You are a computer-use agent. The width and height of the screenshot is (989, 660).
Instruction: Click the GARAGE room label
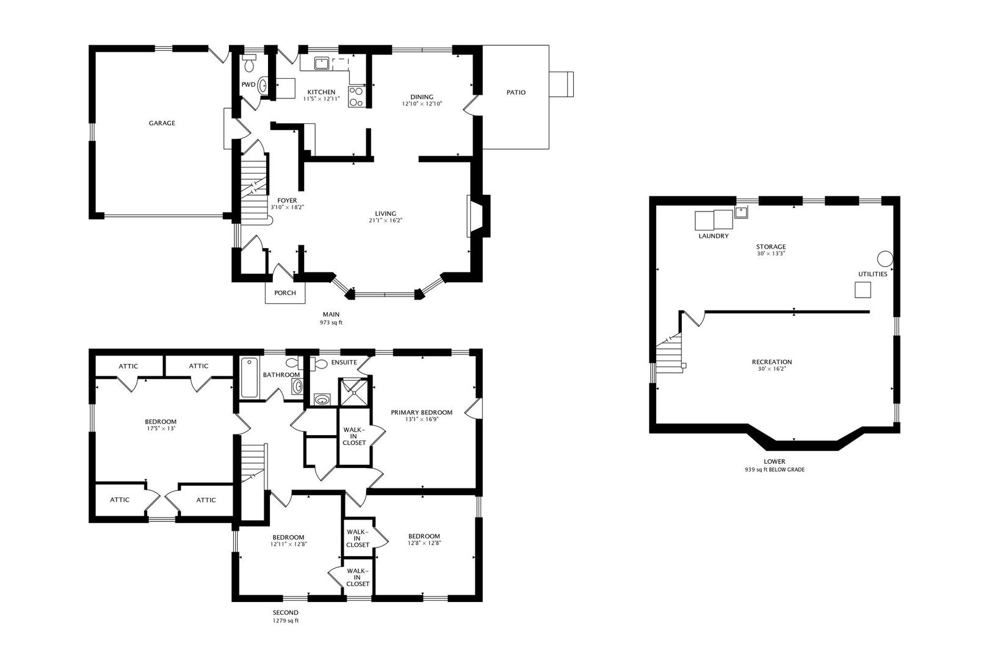(x=162, y=123)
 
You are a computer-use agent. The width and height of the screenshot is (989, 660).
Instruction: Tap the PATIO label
(x=516, y=92)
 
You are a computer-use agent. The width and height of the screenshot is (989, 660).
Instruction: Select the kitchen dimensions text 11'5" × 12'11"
(x=321, y=98)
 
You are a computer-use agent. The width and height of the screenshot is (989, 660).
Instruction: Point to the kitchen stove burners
(x=356, y=97)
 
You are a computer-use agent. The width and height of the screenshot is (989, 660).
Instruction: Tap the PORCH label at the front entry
(x=285, y=293)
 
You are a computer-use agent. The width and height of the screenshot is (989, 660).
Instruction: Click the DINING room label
(x=422, y=97)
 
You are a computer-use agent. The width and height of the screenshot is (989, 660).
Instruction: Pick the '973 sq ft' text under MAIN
(x=331, y=323)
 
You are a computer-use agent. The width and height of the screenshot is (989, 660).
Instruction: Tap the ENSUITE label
(x=344, y=362)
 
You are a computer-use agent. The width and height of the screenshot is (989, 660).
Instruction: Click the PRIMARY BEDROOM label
(x=422, y=413)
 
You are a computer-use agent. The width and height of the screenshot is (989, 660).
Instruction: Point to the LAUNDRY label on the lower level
(x=713, y=236)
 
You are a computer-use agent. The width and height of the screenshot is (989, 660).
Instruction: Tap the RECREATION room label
(x=772, y=362)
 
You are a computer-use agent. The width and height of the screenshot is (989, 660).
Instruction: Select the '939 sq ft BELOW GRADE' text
(x=774, y=470)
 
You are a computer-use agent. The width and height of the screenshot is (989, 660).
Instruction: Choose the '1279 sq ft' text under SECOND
(x=286, y=621)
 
